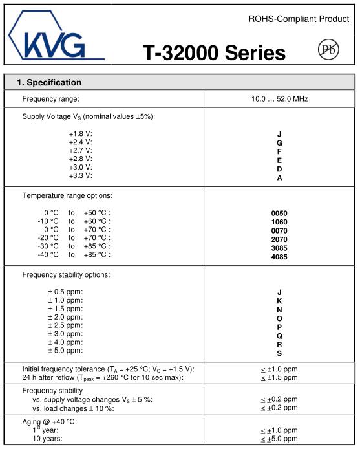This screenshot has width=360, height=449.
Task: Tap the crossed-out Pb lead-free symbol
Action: coord(329,50)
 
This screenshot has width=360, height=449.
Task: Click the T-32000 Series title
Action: coord(214,52)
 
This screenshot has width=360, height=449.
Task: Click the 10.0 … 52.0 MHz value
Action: coord(279,99)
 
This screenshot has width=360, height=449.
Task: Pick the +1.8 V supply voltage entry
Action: coord(81,133)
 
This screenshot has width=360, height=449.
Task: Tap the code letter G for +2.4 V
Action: coord(279,142)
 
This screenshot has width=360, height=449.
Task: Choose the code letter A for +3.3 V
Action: coord(279,177)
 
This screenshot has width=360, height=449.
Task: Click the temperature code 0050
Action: coord(279,213)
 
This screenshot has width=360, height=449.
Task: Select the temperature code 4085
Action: coord(279,256)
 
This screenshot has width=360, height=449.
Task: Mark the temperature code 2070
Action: coord(279,239)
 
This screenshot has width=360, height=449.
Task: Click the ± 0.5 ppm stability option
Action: coord(65,292)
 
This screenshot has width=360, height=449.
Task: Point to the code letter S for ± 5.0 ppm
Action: coord(279,353)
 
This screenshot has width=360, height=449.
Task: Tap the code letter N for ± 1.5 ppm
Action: coord(279,309)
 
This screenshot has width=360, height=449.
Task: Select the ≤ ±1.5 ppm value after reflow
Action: coord(279,377)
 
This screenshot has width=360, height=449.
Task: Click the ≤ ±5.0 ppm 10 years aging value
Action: coord(279,439)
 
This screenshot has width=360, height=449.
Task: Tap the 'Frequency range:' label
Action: coord(50,99)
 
